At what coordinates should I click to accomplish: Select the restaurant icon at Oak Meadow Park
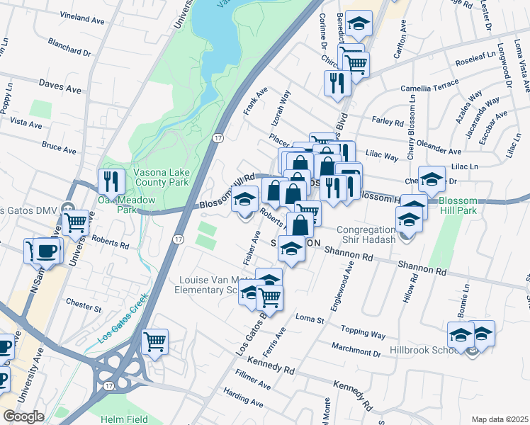point(111,182)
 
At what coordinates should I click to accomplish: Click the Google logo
point(23,416)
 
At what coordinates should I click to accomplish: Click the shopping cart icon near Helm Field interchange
point(154,342)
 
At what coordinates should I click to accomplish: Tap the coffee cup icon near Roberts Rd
point(47,250)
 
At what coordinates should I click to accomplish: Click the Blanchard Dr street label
point(69,47)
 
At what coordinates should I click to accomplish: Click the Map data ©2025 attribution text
point(500,419)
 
